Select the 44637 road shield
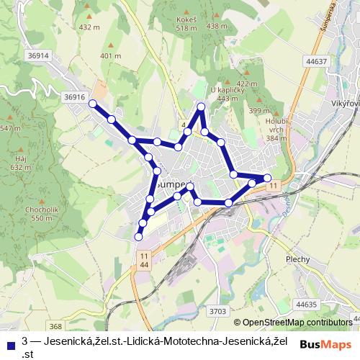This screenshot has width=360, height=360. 315,61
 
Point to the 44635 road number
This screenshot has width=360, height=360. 306,305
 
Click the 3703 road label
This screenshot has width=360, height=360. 219,311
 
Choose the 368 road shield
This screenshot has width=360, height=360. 55,327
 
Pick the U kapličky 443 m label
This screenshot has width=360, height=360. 223,94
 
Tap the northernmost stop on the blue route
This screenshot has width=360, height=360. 202,107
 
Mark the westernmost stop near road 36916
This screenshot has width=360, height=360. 93,104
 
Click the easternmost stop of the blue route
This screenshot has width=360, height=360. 267,177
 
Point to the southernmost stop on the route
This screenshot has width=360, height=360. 139,236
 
